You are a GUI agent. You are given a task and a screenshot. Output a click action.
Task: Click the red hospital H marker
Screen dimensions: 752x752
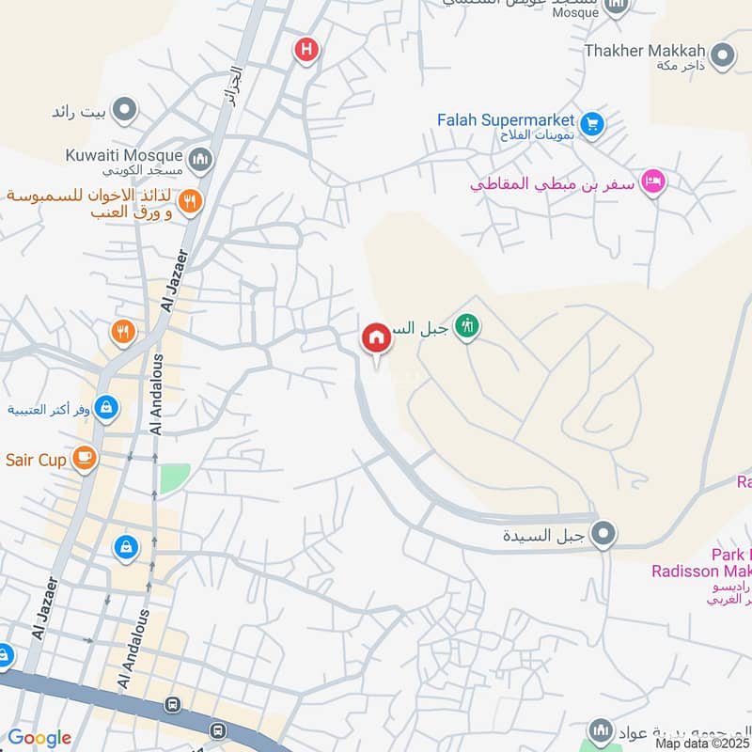click(x=305, y=49)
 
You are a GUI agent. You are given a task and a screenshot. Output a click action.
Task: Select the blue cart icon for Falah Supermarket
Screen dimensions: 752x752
click(x=591, y=123)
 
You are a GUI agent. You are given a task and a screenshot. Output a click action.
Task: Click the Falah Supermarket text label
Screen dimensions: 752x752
click(x=506, y=119)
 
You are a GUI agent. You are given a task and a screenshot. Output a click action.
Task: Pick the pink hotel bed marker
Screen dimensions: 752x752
click(x=652, y=181)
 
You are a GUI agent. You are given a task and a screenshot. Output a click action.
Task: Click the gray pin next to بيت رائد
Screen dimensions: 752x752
click(x=123, y=113)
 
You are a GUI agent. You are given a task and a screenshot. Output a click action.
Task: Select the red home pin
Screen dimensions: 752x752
click(x=376, y=337)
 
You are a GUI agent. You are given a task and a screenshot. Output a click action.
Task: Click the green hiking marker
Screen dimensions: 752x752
click(x=466, y=327)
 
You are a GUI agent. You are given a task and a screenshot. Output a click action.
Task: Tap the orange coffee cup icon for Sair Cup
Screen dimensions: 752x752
click(x=85, y=459)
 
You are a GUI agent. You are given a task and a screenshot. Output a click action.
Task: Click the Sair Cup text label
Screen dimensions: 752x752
click(x=36, y=460)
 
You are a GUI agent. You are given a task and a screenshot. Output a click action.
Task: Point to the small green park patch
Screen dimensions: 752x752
click(x=173, y=478)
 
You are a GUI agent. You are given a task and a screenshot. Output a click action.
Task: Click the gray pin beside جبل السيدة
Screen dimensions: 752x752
click(x=604, y=535)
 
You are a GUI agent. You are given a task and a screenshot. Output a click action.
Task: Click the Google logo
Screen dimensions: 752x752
click(x=39, y=738)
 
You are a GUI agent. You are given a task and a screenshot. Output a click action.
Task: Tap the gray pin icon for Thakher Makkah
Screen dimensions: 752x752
click(x=722, y=56)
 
